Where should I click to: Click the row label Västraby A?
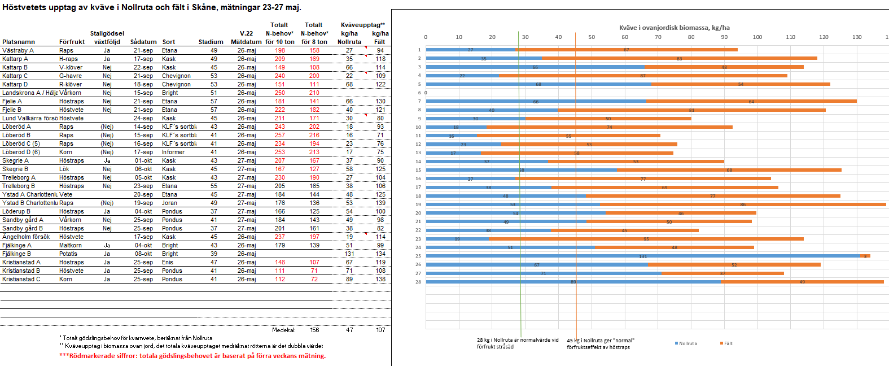point(18,50)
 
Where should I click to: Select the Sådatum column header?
point(143,42)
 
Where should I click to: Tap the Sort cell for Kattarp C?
point(176,76)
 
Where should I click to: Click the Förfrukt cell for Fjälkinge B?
point(68,254)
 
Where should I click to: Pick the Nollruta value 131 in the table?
point(349,254)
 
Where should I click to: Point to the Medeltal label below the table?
point(284,330)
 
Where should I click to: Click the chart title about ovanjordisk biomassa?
point(674,28)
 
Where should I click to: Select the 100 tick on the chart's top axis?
point(757,37)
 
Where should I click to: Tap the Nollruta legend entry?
point(686,343)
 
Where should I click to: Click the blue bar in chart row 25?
point(643,256)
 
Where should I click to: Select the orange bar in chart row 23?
point(646,239)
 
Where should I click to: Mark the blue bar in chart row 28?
point(573,282)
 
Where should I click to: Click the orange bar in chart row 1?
point(627,50)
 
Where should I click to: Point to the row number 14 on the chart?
point(418,162)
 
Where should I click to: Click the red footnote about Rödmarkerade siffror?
point(192,356)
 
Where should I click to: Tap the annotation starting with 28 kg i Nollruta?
point(517,343)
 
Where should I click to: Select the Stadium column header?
point(211,42)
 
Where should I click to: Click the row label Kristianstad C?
point(21,279)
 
